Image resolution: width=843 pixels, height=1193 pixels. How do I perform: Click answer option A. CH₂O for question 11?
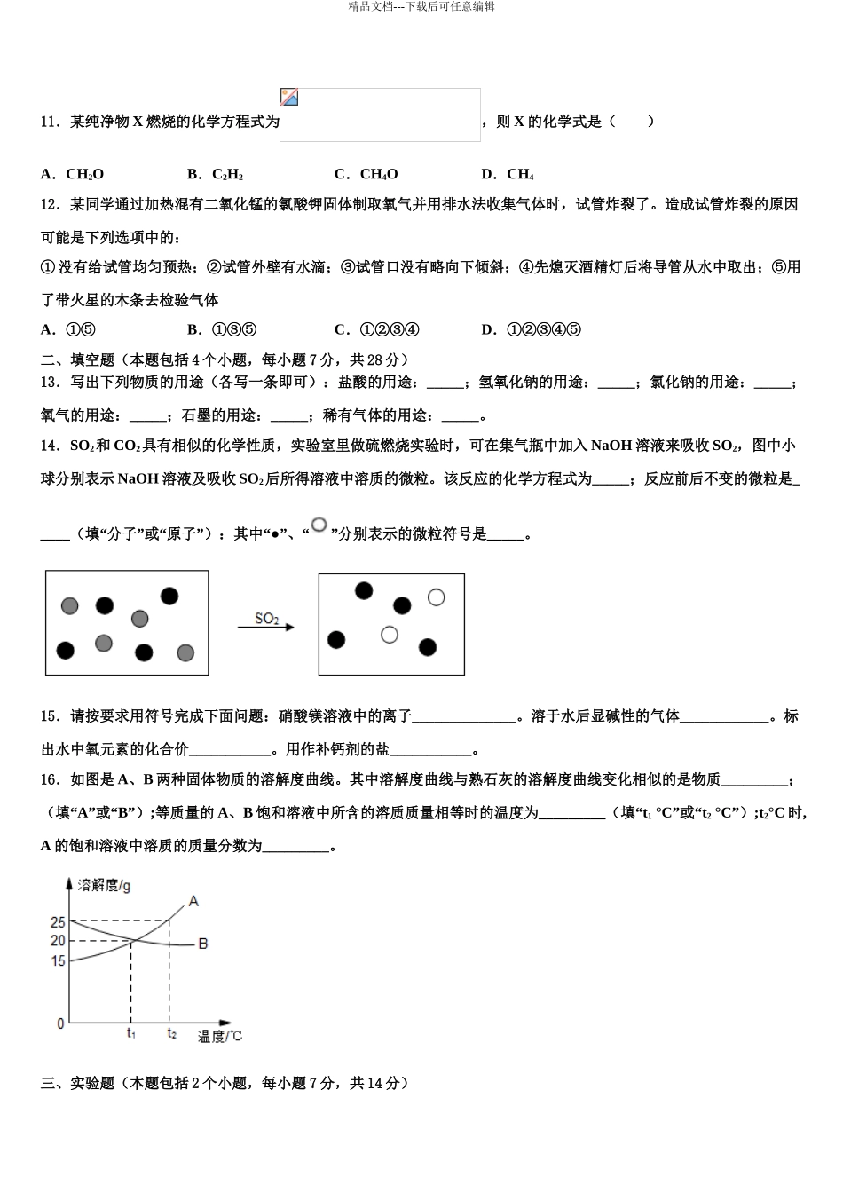click(x=72, y=174)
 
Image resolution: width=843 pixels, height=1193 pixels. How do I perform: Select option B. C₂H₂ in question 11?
click(x=216, y=174)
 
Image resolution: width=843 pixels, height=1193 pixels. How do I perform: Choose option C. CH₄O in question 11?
click(x=366, y=174)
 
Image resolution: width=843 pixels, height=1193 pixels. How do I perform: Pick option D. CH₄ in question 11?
click(x=508, y=174)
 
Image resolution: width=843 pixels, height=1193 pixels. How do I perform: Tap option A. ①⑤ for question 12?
click(x=68, y=329)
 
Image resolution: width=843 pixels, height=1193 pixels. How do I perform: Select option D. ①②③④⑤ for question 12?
click(x=531, y=329)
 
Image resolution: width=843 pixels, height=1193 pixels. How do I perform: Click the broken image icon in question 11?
click(x=289, y=98)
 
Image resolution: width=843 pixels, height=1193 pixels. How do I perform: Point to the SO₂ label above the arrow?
click(x=266, y=618)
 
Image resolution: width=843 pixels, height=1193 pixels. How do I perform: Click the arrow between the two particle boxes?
click(x=265, y=628)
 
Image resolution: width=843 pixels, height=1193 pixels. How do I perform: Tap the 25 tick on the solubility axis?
click(x=58, y=922)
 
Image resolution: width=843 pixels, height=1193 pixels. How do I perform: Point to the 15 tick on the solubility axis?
click(x=58, y=960)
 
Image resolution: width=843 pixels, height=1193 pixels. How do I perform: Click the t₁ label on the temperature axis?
click(x=131, y=1033)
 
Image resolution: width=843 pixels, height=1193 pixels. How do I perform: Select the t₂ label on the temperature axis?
click(x=171, y=1033)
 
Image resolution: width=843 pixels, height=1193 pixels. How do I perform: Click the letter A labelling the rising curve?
click(x=194, y=901)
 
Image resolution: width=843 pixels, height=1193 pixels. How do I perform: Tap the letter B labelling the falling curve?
click(x=203, y=943)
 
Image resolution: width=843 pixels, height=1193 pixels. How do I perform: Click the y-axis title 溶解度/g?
click(x=105, y=885)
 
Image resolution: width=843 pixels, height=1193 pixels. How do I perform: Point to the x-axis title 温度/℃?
click(x=219, y=1036)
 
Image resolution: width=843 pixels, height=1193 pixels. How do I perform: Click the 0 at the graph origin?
click(x=60, y=1023)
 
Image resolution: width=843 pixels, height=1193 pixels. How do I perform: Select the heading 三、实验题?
click(x=78, y=1083)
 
